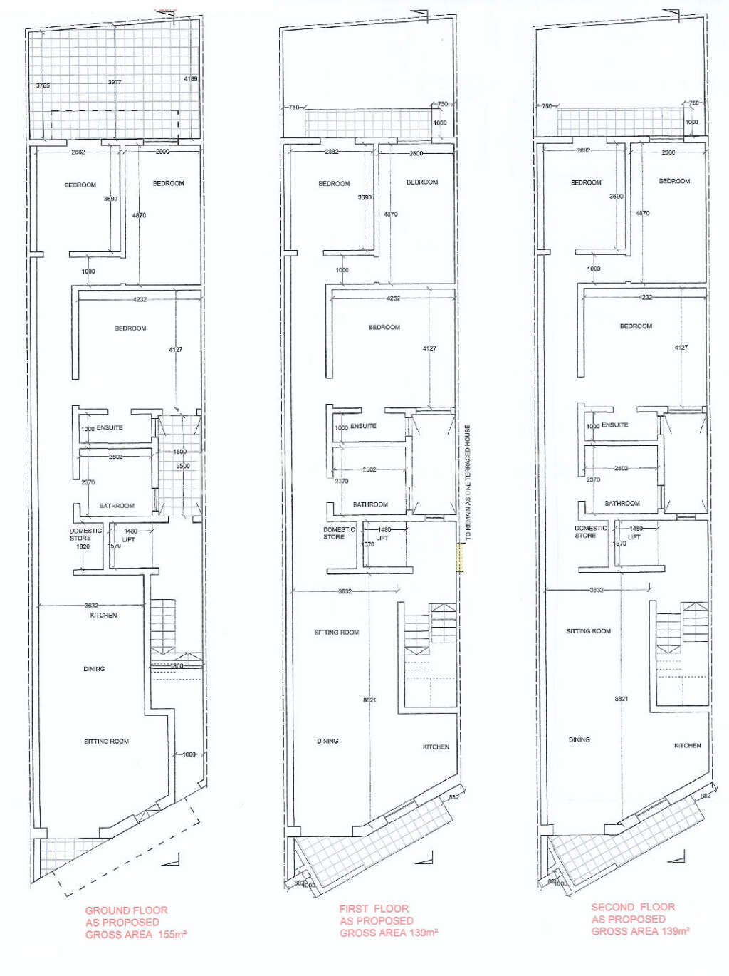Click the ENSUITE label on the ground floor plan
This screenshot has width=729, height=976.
[110, 428]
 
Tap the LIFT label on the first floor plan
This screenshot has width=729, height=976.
[382, 539]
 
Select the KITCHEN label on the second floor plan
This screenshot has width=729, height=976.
[687, 745]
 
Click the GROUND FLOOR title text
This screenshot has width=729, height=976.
[127, 910]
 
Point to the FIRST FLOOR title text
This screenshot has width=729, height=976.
[374, 908]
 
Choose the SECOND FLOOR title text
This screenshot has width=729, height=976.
[633, 907]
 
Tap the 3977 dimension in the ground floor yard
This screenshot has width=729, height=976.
[115, 82]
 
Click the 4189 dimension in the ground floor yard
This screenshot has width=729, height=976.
[190, 78]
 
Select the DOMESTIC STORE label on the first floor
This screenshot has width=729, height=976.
[339, 533]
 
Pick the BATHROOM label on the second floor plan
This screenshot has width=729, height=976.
[622, 503]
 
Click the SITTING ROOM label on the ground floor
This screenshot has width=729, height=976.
[106, 742]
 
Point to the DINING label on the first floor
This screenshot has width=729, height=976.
[327, 741]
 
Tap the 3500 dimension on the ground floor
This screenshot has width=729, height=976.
[182, 466]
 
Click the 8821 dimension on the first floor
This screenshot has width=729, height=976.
[369, 700]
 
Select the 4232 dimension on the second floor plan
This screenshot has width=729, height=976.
[645, 297]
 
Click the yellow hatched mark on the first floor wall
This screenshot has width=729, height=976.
[460, 556]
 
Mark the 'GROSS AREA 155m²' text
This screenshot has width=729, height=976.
[135, 935]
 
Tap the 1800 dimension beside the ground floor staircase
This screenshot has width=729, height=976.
[176, 666]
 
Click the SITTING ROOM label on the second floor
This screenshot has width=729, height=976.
[588, 631]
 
